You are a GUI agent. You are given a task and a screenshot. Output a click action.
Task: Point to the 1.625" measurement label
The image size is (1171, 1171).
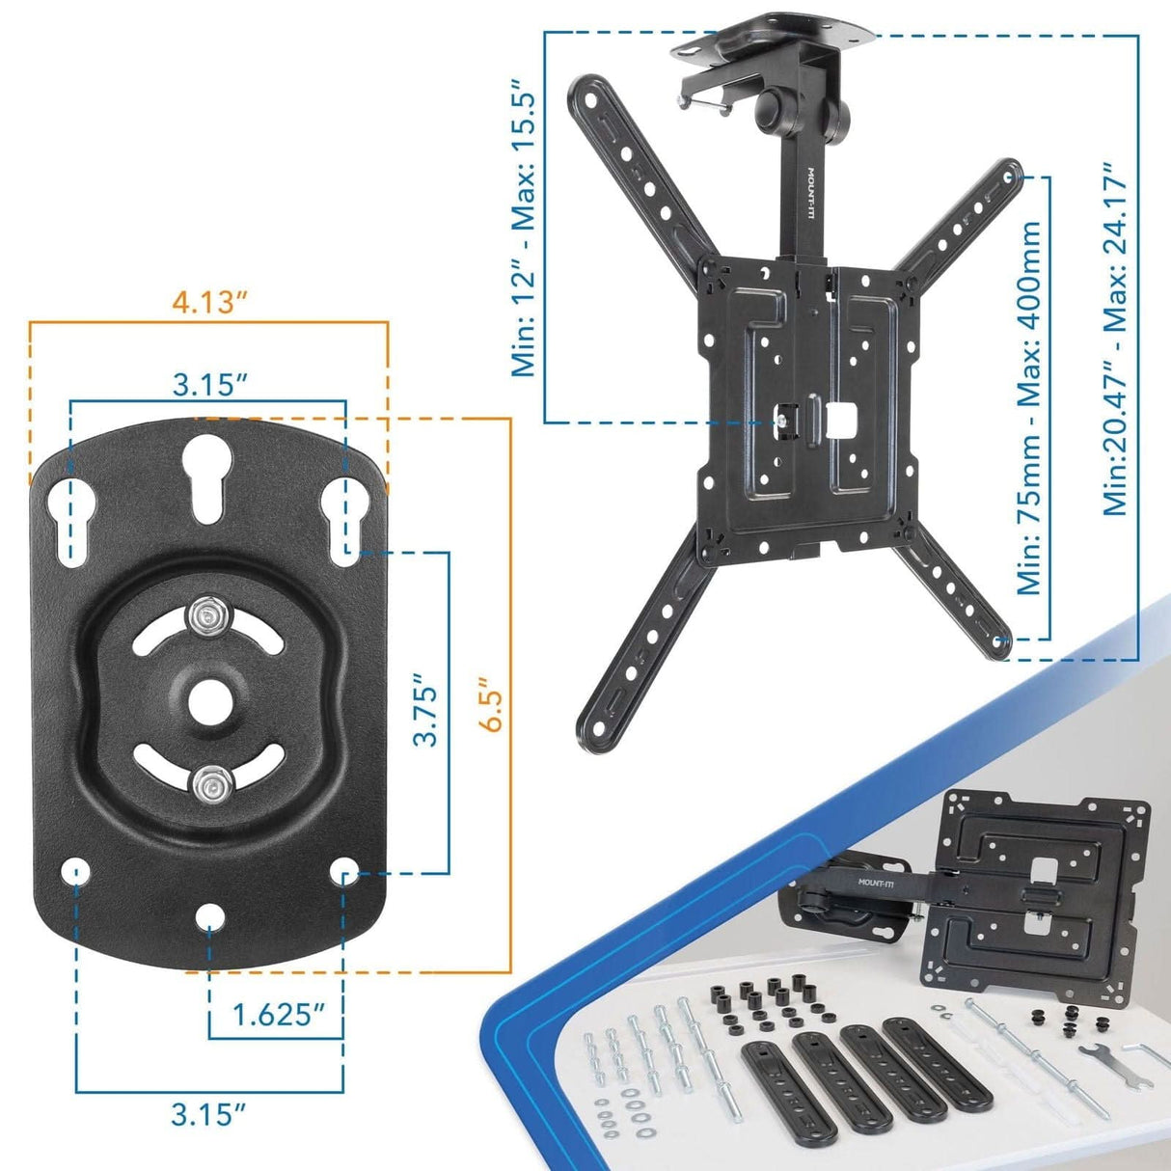point(277,1014)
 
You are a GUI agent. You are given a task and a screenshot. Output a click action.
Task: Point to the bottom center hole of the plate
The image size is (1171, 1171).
point(207,914)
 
